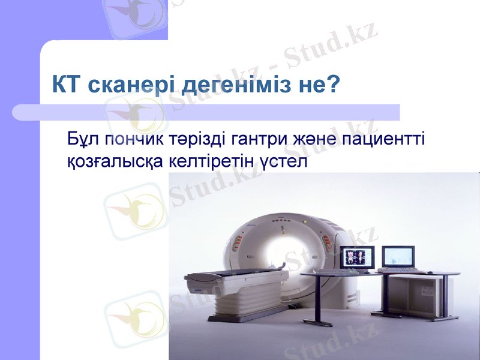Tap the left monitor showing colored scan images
coord(358,257)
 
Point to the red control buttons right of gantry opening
coord(327,242)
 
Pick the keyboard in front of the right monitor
coord(407,271)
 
